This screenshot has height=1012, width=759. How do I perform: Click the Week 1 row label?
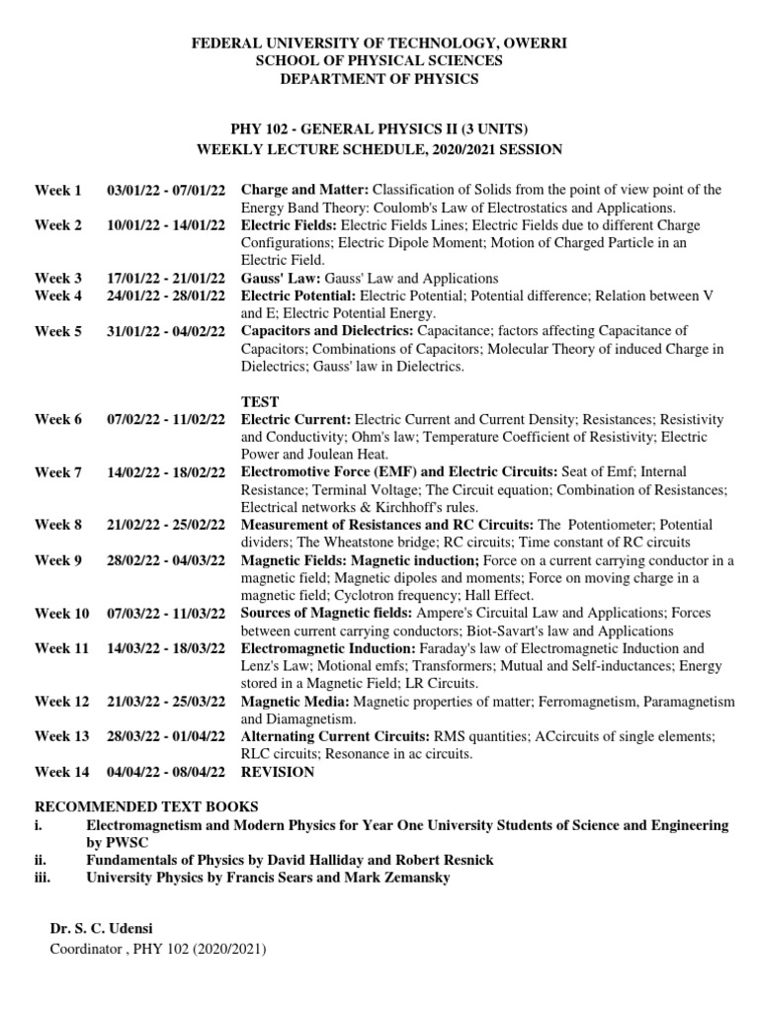(58, 190)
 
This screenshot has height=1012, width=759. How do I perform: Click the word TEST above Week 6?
(260, 401)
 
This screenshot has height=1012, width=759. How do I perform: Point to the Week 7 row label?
(58, 472)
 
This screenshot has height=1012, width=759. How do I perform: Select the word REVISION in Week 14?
(278, 772)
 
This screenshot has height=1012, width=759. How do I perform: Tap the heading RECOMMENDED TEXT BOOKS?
(146, 806)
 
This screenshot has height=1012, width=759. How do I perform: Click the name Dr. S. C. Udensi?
(102, 931)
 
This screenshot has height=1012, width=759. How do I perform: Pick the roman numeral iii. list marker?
(42, 877)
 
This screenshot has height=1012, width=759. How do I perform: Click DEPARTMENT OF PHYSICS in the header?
(379, 79)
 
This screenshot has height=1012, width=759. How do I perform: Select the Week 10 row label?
(61, 614)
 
